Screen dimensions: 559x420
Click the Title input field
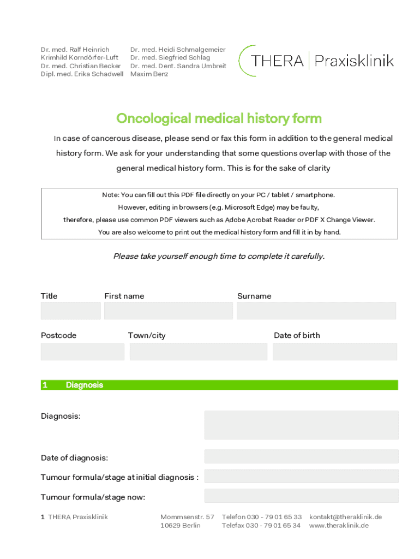[70, 311]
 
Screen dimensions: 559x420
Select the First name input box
[168, 311]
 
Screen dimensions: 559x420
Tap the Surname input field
[316, 311]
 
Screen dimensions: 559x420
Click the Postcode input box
[82, 352]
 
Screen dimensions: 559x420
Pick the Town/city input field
[198, 352]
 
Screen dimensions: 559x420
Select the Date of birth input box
[334, 352]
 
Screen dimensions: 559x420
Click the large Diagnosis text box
[301, 425]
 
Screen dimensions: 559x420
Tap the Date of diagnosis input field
[301, 456]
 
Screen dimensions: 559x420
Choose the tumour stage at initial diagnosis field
[301, 477]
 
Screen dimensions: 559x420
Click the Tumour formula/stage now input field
[301, 496]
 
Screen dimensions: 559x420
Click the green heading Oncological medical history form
[219, 118]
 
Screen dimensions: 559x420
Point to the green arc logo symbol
[245, 60]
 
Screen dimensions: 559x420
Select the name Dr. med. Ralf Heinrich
[75, 50]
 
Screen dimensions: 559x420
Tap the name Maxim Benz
[149, 74]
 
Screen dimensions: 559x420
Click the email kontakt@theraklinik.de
[345, 517]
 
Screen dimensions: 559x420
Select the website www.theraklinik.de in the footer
[339, 526]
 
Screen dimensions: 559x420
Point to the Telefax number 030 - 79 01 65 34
[261, 526]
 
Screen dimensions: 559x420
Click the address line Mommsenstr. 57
[187, 517]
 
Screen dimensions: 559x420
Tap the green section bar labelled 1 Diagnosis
[219, 385]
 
